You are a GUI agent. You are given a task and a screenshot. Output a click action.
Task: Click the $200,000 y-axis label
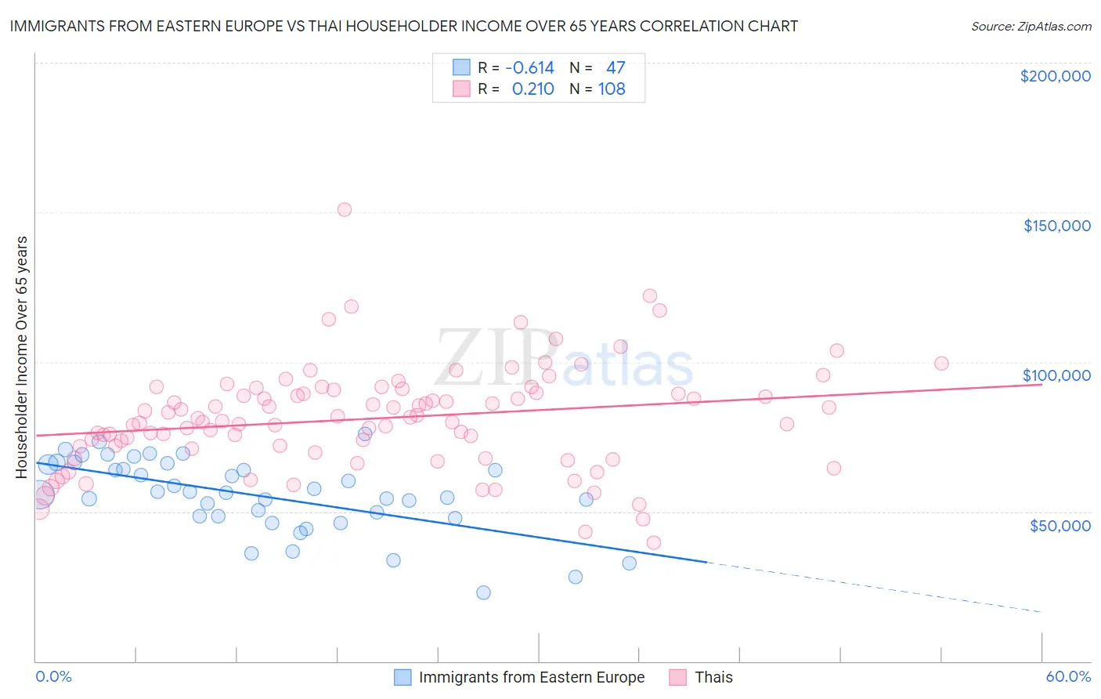click(1055, 76)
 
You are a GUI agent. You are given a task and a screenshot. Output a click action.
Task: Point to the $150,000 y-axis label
click(1056, 226)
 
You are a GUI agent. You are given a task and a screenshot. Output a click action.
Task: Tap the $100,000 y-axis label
click(1056, 375)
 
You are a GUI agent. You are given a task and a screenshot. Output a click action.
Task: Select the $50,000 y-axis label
click(1059, 525)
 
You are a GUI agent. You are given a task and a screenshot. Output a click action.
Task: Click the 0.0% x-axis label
click(53, 676)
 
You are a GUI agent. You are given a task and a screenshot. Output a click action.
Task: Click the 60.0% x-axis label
click(1068, 676)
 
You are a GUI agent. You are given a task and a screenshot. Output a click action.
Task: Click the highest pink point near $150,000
click(345, 209)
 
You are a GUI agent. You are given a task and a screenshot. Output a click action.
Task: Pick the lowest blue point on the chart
click(483, 592)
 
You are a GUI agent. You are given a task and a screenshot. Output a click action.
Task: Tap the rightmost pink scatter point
click(941, 364)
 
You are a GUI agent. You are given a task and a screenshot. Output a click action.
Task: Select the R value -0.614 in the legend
click(529, 68)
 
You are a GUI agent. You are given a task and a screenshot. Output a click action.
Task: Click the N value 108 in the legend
click(612, 89)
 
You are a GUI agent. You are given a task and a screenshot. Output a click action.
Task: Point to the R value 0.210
click(532, 89)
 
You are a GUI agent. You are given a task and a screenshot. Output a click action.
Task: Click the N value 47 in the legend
click(615, 68)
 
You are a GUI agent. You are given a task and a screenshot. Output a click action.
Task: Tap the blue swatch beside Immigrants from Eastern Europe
click(402, 677)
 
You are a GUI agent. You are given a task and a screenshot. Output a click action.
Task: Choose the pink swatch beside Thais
click(678, 677)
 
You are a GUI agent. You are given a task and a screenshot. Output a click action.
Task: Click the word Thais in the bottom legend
click(713, 677)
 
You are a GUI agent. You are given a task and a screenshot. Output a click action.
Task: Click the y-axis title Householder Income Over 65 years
click(21, 357)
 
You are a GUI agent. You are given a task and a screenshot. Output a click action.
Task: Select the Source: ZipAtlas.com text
click(1031, 26)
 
